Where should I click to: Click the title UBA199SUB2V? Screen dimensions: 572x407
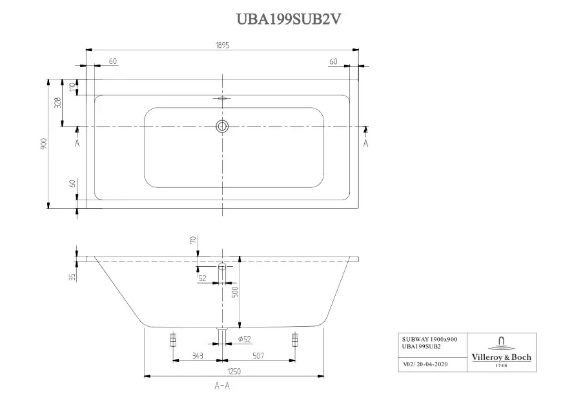click(x=289, y=19)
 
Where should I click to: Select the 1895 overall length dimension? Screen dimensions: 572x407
click(x=222, y=45)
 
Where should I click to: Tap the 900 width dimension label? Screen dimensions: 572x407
click(x=44, y=144)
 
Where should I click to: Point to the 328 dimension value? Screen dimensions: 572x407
click(x=57, y=103)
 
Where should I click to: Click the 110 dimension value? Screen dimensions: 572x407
click(x=72, y=87)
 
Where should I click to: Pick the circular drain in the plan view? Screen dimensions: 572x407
click(x=222, y=126)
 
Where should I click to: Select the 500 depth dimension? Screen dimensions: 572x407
click(x=235, y=291)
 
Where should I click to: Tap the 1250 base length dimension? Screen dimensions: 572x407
click(x=234, y=371)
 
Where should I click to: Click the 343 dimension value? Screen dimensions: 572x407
click(x=198, y=355)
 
